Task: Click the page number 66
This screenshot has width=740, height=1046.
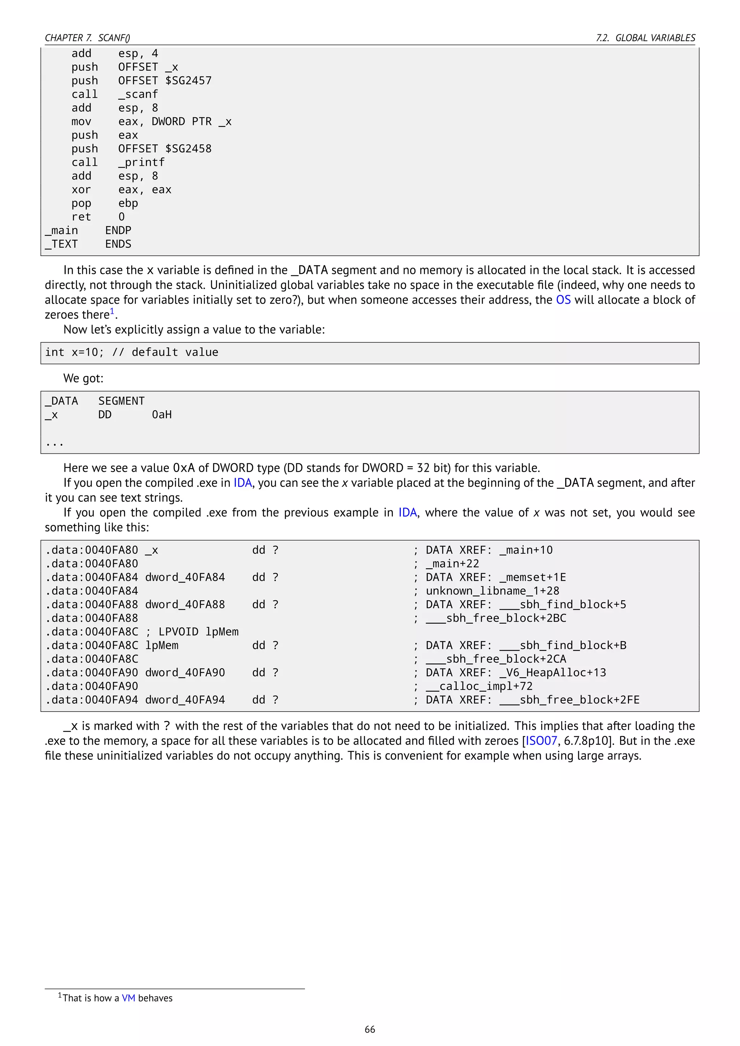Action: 370,1029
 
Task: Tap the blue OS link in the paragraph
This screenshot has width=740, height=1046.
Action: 563,300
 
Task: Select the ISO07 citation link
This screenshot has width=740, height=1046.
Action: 541,741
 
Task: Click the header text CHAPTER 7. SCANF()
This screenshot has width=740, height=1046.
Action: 87,38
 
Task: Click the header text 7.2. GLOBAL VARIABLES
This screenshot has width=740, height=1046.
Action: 646,38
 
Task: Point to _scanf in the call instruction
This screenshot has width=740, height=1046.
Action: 138,94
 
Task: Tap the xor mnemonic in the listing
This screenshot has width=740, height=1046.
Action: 81,190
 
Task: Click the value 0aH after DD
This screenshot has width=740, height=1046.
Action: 162,415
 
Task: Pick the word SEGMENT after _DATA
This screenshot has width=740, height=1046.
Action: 121,401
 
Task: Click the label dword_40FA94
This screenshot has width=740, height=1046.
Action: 185,700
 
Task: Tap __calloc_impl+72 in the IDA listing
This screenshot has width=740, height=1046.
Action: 479,686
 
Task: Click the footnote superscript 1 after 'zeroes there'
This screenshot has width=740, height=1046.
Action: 112,311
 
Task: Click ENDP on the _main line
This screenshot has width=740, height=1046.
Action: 118,230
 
